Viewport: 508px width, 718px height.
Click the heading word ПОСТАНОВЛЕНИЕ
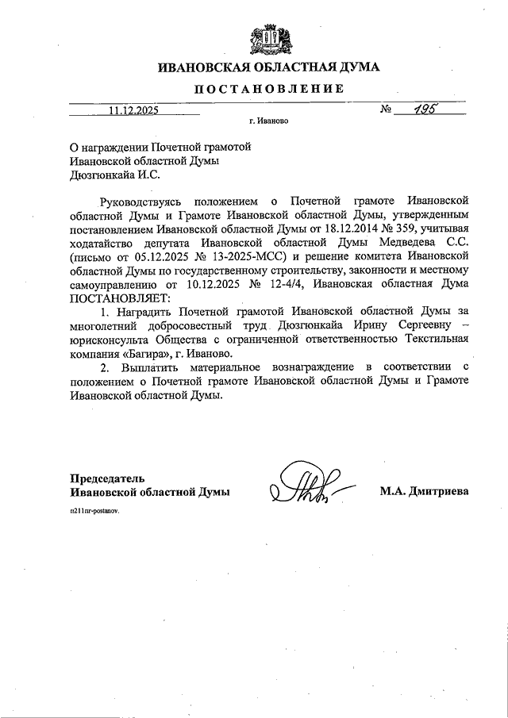click(269, 90)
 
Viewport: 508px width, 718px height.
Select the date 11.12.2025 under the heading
click(134, 112)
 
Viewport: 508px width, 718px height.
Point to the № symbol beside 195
click(387, 111)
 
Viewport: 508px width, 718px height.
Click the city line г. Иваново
click(268, 124)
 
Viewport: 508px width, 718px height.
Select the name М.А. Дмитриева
click(425, 492)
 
